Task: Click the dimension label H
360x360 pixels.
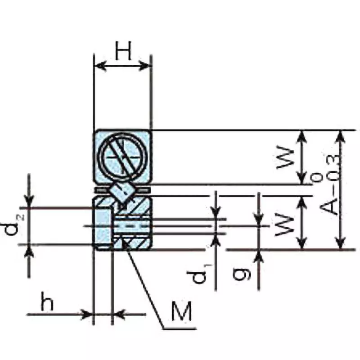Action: click(x=122, y=51)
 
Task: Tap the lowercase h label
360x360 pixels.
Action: click(x=47, y=303)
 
